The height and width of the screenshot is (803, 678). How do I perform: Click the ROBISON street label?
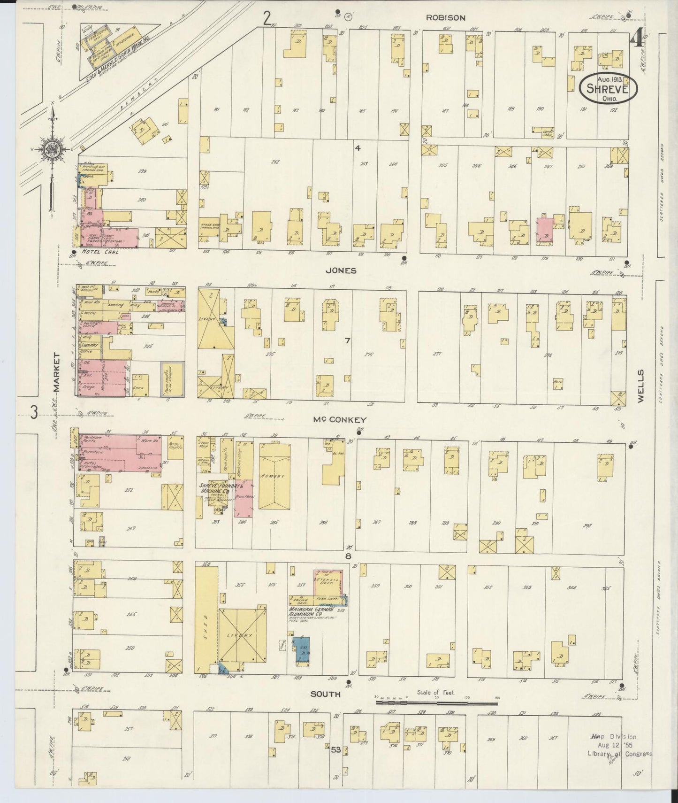[445, 18]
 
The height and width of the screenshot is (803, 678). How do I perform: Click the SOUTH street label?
[325, 694]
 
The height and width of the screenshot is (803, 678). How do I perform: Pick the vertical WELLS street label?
[640, 385]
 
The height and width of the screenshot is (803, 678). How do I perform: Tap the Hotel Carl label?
[99, 252]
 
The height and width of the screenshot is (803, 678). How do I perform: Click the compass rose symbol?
[51, 150]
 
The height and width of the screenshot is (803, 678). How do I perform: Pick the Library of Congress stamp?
[619, 746]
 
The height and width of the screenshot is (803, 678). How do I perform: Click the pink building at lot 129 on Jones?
[545, 230]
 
